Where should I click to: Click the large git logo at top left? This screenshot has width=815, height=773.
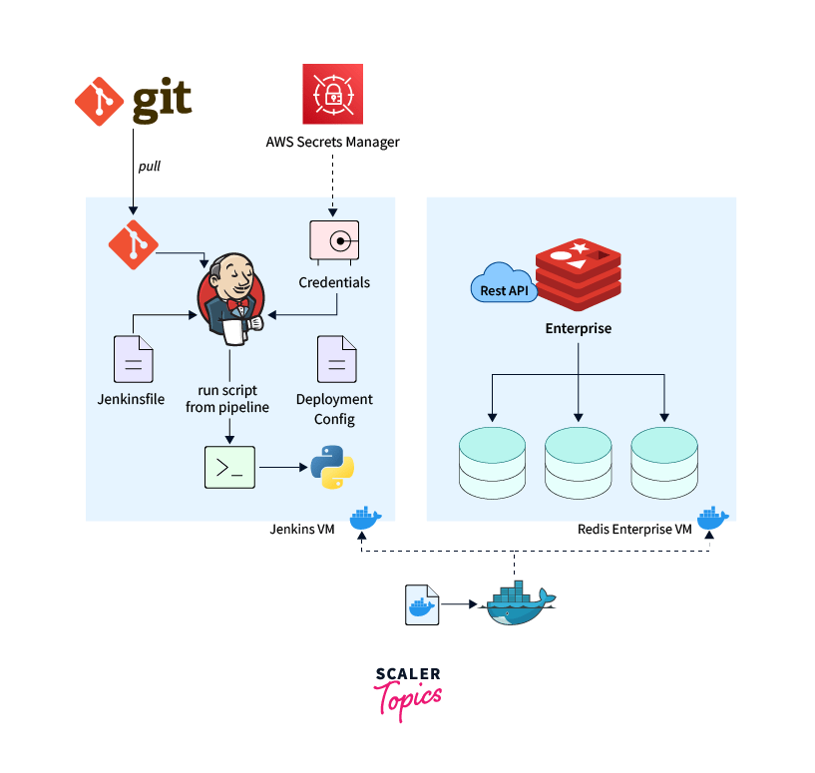[133, 102]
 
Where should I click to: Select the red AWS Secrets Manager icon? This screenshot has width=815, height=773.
[334, 94]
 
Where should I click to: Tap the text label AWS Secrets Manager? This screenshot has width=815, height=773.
[332, 142]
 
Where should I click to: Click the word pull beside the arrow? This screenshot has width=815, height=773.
[149, 167]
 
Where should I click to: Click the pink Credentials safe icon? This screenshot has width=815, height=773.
[334, 240]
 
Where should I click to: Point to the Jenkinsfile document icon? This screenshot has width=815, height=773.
[134, 359]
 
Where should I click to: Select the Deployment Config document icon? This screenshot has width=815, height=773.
[335, 359]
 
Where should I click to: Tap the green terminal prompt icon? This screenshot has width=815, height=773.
[230, 467]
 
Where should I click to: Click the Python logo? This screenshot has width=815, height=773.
[332, 467]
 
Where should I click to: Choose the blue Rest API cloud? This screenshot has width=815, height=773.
[503, 285]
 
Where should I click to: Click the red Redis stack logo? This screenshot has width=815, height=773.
[578, 270]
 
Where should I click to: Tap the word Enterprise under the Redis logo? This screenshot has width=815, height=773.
[578, 328]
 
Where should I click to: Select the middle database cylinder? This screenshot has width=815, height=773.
[578, 463]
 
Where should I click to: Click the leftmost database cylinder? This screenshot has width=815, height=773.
[491, 463]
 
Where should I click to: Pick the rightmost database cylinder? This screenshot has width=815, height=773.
[663, 463]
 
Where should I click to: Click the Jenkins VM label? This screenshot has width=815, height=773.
[301, 529]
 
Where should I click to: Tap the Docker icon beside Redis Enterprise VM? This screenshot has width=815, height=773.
[711, 519]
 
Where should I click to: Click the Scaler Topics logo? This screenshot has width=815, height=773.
[408, 689]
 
